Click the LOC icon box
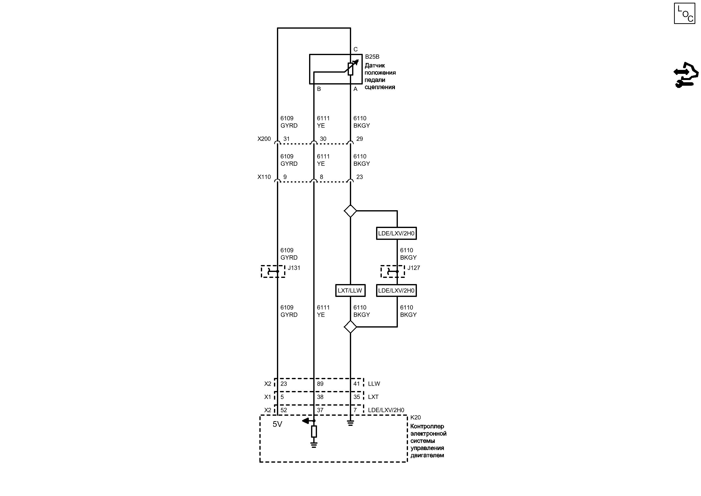684,13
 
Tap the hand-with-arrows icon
686,75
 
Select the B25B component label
372,57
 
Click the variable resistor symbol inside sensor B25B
351,69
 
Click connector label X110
264,177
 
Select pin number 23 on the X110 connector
360,177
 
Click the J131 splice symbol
273,271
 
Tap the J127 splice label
414,268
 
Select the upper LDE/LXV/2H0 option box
396,233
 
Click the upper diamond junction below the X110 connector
350,211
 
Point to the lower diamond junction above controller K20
350,327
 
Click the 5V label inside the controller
277,424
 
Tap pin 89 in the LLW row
320,384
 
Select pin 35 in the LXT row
357,397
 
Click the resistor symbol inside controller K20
314,432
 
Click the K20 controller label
415,417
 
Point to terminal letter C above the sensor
356,49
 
